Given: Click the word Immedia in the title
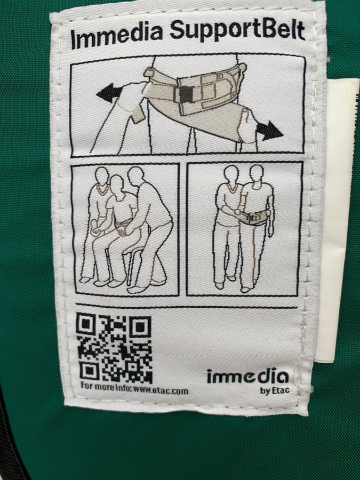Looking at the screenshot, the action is tap(116, 36).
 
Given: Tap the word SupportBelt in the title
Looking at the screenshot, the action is tap(237, 31).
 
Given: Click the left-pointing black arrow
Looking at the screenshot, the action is tap(109, 93).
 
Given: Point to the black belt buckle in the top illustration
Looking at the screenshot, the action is tap(185, 94).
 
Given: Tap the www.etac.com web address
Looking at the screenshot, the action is tap(161, 390).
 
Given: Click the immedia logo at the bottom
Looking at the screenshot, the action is tap(247, 376).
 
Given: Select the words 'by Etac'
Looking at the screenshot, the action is tap(275, 390).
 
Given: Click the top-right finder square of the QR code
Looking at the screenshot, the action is tap(140, 326).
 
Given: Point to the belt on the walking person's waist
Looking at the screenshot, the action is tap(254, 218).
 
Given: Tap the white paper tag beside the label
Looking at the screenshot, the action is tap(340, 220).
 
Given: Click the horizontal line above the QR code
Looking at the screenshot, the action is tap(187, 306).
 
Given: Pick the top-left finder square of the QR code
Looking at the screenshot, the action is tap(87, 324).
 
